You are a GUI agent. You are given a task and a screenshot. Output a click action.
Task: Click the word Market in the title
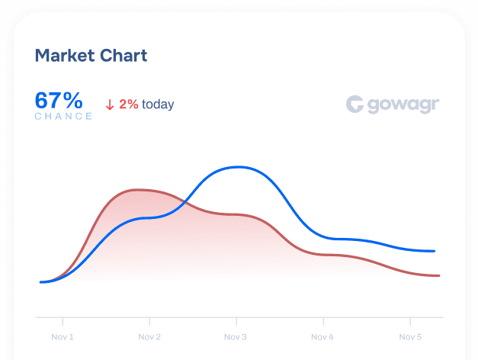[x=64, y=56]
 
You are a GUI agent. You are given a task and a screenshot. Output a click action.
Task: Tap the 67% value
[x=59, y=100]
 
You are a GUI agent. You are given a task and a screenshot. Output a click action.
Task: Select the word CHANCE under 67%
[x=63, y=117]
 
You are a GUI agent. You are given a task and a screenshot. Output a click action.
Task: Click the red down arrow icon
[x=110, y=104]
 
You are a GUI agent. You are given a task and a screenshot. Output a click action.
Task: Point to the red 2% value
[x=129, y=104]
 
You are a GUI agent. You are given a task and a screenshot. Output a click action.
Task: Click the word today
[x=158, y=104]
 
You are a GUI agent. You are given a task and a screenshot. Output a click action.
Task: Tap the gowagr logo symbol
[x=354, y=104]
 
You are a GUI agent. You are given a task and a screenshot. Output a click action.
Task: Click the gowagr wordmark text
[x=403, y=105]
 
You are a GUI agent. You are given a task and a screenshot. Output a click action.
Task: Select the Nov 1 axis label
[x=63, y=336]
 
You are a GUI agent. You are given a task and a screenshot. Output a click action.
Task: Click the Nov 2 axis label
[x=149, y=336]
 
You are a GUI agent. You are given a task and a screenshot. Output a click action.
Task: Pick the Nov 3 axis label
[x=236, y=336]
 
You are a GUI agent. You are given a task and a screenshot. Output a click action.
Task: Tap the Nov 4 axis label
[x=323, y=336]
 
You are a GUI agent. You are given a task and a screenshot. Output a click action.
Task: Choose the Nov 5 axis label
[x=410, y=336]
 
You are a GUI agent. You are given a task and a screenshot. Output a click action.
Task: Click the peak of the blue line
[x=239, y=166]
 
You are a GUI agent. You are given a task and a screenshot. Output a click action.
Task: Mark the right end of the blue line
[x=435, y=250]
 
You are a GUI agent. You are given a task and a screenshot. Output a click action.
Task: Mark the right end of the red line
[x=439, y=275]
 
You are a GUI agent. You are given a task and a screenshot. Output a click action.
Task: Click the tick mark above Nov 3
[x=236, y=320]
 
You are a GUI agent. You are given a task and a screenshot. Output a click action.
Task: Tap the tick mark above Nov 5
[x=410, y=320]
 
